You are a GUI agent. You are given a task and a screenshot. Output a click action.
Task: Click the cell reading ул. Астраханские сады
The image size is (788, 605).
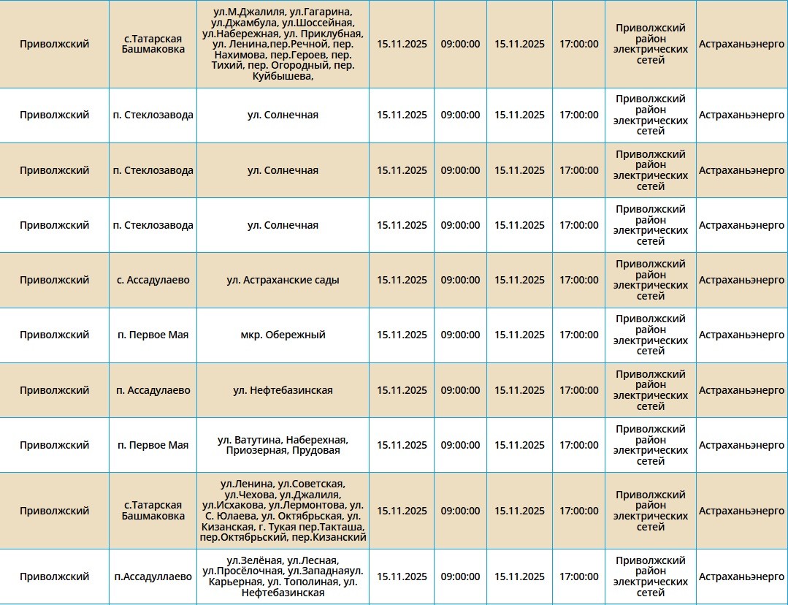tap(283, 280)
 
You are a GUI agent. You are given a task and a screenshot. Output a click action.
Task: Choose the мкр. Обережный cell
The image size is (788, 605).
tap(283, 335)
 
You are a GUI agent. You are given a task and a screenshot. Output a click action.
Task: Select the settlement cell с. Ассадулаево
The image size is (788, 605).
tap(153, 280)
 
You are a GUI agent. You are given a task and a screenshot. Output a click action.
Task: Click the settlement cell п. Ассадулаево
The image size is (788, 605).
tap(153, 390)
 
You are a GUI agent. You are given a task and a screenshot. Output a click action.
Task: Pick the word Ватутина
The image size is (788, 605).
tap(258, 440)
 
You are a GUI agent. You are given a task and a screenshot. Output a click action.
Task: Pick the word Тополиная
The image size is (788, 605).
tap(312, 582)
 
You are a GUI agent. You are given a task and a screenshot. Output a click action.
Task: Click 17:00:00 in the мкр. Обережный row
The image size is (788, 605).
tap(578, 335)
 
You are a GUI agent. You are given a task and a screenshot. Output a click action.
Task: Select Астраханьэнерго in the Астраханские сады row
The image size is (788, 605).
tap(741, 280)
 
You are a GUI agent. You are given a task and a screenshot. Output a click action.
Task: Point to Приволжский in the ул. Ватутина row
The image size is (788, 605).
tap(55, 445)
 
